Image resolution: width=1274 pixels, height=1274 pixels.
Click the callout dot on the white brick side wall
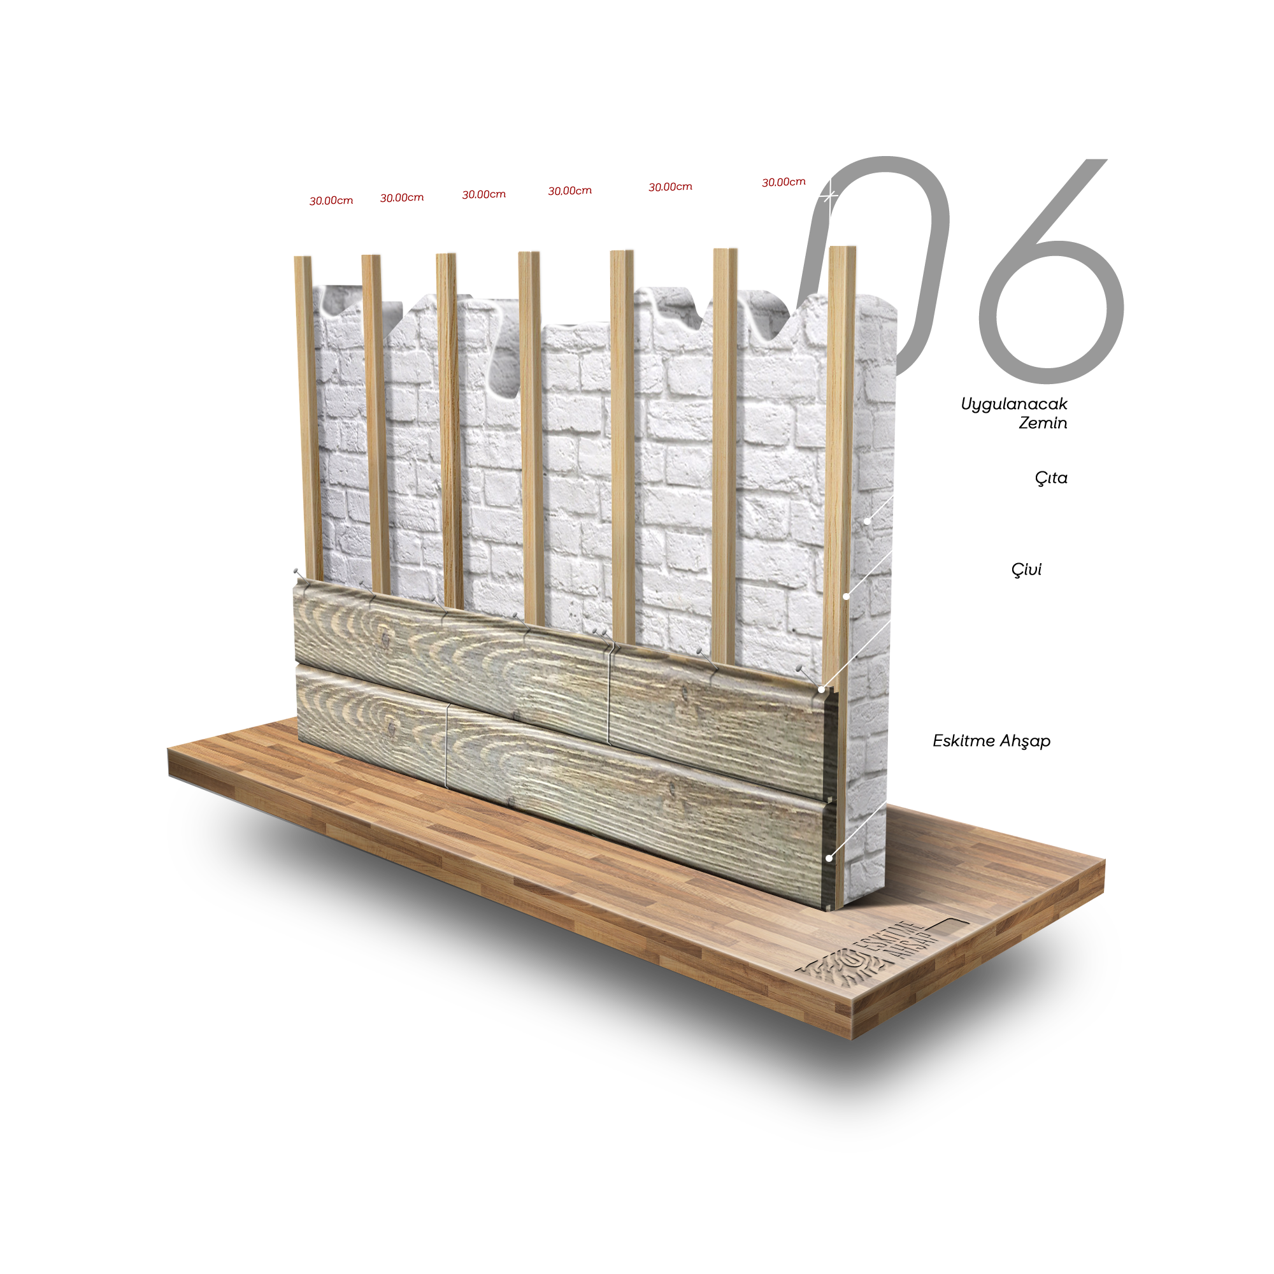tap(868, 521)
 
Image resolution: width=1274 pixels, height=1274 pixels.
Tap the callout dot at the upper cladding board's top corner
tap(822, 689)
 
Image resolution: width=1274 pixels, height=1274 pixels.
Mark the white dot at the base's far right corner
tap(1105, 858)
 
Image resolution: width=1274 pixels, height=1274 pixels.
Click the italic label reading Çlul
tap(1026, 569)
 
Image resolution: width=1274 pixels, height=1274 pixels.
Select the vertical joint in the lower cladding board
tap(447, 745)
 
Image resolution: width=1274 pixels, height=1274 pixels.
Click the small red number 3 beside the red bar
tap(312, 202)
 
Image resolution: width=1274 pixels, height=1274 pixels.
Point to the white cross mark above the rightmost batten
tap(830, 196)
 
